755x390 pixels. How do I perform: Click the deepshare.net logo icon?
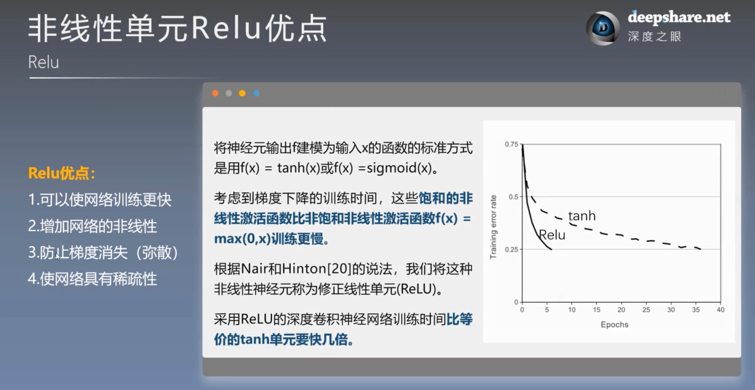pos(603,28)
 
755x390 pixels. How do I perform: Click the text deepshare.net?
pos(679,18)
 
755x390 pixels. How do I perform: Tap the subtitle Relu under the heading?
pos(44,62)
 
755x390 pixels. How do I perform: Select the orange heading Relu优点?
pos(62,173)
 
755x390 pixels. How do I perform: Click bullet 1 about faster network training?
pos(100,200)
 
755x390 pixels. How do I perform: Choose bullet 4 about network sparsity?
pos(93,279)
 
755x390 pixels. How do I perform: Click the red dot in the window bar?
pos(215,93)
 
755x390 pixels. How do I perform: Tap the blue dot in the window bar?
pos(256,93)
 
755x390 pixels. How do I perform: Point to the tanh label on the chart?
pos(581,216)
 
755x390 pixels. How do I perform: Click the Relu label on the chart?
pos(551,235)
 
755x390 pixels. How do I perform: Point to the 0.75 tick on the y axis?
pos(511,144)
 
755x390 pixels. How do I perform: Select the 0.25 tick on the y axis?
pos(511,250)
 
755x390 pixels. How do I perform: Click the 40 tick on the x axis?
pos(720,310)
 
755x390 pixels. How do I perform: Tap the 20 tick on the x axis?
pos(621,310)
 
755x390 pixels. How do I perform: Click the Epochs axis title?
pos(614,325)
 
